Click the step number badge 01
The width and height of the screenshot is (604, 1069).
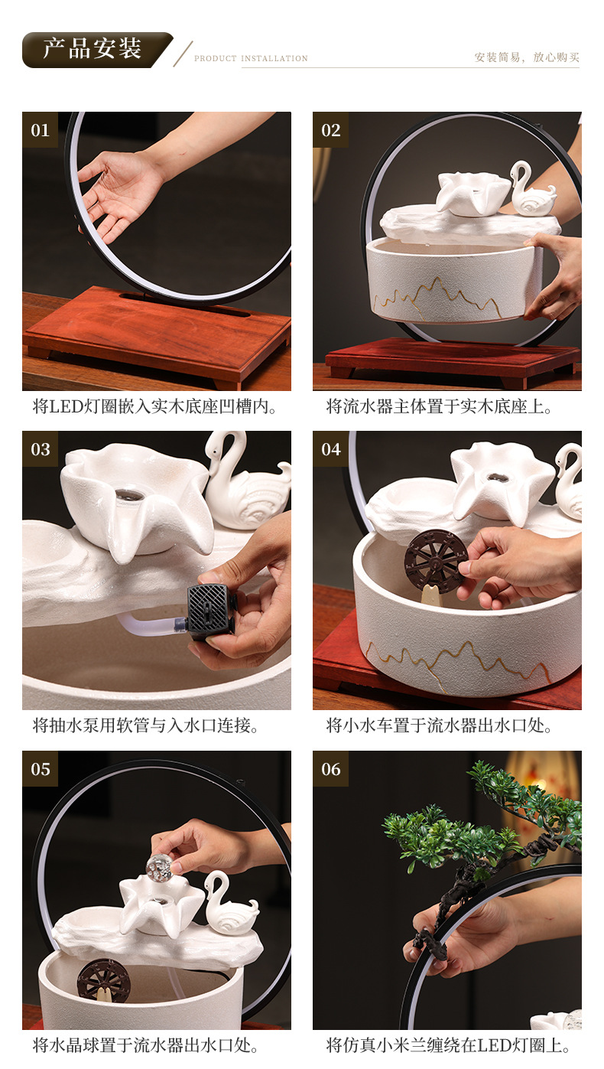40,130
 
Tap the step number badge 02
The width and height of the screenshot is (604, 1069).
330,130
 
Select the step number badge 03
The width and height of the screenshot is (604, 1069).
40,449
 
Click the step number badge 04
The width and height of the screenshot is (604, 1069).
330,449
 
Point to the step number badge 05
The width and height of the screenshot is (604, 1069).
40,769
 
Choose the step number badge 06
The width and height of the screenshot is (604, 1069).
330,769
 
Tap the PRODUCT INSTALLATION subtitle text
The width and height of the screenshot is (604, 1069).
251,58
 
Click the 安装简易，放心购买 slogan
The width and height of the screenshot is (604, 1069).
527,57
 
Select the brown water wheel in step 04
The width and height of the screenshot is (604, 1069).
436,561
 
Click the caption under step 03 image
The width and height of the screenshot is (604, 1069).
146,725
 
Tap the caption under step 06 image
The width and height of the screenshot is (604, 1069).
448,1045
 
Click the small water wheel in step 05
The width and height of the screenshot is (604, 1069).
103,981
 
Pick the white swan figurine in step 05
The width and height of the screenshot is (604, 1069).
229,907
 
